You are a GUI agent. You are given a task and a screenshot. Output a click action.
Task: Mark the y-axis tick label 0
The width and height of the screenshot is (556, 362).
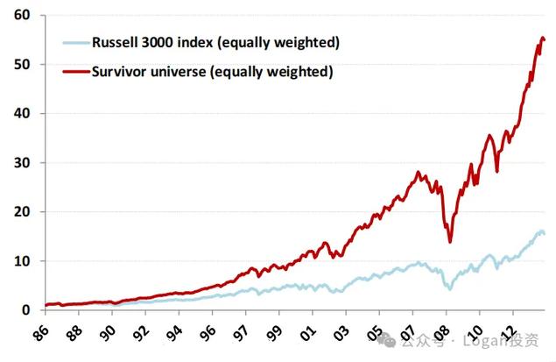(x=26, y=309)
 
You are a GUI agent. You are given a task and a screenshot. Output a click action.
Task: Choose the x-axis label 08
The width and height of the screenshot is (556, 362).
(x=446, y=333)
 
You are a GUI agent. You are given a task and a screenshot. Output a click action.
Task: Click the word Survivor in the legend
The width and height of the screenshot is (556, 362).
(x=122, y=71)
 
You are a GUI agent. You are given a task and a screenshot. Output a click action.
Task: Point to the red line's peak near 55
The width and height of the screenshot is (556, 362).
(x=541, y=38)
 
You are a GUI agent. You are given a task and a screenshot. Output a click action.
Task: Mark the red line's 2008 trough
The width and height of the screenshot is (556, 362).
(x=450, y=242)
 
